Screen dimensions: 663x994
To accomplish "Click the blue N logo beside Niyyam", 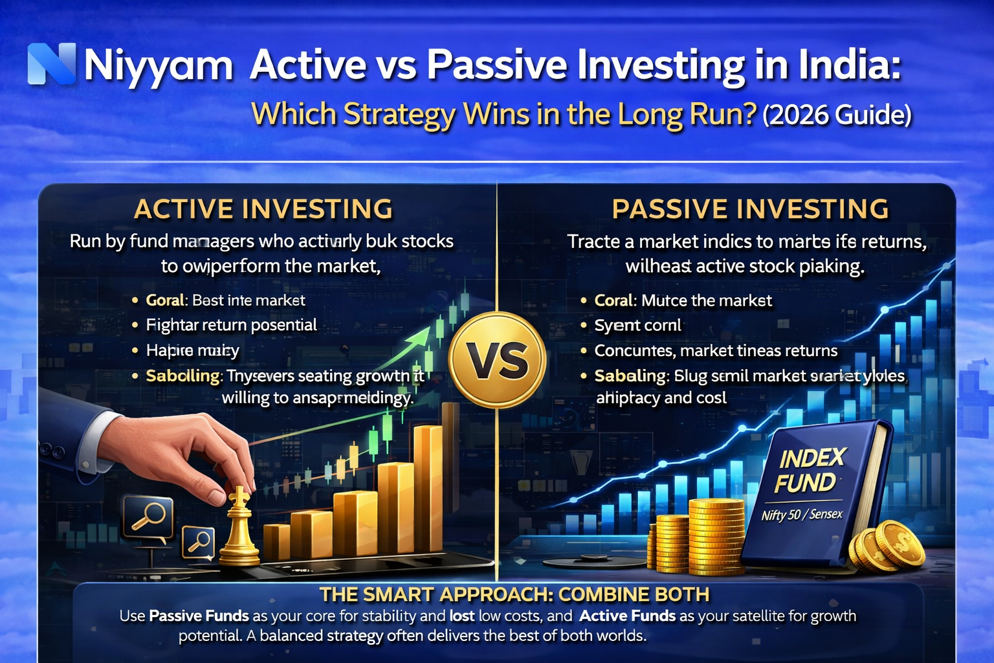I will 52,64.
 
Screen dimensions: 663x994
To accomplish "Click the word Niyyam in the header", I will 159,65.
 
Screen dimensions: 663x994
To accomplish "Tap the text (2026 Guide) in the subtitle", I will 837,115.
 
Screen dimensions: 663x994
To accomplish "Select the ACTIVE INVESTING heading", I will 263,209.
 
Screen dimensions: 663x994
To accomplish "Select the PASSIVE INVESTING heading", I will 750,209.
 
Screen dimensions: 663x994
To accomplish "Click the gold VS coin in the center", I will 497,360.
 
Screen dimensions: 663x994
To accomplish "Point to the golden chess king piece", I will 239,528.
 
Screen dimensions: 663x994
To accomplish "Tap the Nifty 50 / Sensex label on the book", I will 802,515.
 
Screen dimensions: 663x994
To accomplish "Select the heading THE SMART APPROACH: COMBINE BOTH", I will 514,594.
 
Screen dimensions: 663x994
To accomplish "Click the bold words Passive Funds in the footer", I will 199,616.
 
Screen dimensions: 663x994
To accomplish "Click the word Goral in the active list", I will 165,300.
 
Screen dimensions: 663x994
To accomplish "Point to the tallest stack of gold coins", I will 716,536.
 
